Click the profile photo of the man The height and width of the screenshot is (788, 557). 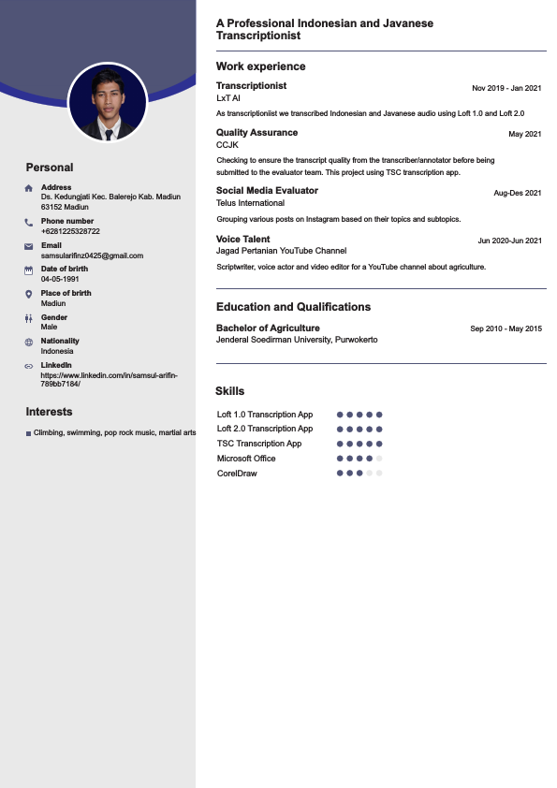pos(108,102)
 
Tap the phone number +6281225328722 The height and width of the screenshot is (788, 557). pos(70,231)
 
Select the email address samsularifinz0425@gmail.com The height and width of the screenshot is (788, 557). pos(92,255)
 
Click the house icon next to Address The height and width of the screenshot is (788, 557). pos(29,188)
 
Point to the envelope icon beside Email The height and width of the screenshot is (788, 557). pos(29,246)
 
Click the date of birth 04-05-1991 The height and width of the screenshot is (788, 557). pos(60,279)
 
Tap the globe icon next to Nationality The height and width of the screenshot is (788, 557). pos(29,342)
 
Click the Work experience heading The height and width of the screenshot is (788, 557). pos(260,66)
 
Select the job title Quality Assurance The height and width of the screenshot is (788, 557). pos(257,133)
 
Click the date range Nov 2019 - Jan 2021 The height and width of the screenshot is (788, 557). pos(506,88)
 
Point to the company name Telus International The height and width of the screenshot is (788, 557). pos(250,203)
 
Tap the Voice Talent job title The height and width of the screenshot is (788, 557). pos(242,240)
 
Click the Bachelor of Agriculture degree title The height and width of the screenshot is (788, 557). pos(268,328)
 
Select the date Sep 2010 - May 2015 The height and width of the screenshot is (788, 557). pos(506,328)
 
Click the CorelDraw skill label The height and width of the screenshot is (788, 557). pos(237,474)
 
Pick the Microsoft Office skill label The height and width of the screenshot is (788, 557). pos(246,459)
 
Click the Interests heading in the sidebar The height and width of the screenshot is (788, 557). pos(49,412)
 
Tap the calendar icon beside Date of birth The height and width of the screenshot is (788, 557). pos(29,270)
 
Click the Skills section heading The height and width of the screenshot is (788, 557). pos(229,391)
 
